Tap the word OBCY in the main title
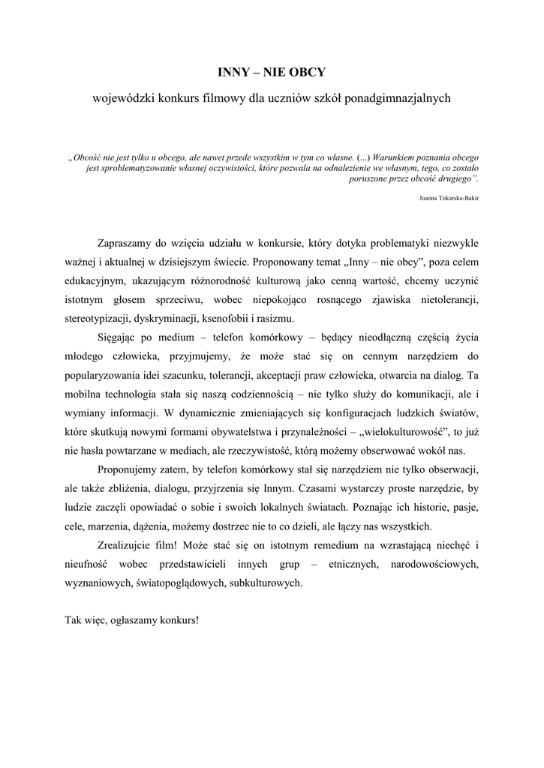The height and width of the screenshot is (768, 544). tap(308, 73)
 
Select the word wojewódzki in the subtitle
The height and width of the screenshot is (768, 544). tap(123, 98)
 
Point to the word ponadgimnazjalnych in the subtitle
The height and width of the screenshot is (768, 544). tap(397, 98)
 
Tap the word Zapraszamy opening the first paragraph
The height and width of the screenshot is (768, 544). tap(125, 244)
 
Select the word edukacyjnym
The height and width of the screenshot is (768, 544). tap(93, 281)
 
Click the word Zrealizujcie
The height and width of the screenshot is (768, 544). tap(128, 544)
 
